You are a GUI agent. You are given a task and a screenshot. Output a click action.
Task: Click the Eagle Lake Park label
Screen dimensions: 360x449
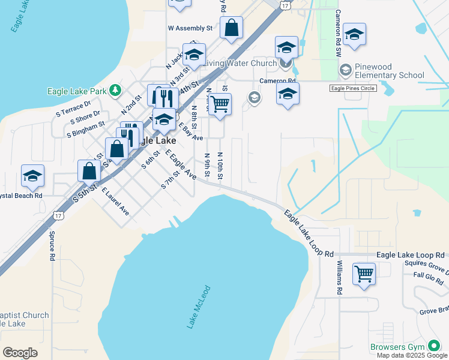pyautogui.click(x=77, y=91)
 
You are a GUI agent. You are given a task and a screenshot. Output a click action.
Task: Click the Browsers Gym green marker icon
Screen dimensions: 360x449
pyautogui.click(x=434, y=346)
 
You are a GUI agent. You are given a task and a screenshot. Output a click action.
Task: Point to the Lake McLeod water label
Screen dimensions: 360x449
pyautogui.click(x=197, y=307)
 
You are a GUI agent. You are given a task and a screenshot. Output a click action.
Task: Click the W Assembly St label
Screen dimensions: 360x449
pyautogui.click(x=190, y=28)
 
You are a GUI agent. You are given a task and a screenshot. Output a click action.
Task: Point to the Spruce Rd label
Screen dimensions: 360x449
pyautogui.click(x=52, y=246)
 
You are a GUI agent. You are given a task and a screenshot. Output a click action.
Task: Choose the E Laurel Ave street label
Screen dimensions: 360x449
pyautogui.click(x=115, y=202)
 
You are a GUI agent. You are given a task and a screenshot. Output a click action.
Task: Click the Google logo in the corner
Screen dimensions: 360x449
pyautogui.click(x=20, y=353)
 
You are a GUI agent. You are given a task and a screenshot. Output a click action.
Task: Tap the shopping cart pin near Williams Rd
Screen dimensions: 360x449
pyautogui.click(x=364, y=274)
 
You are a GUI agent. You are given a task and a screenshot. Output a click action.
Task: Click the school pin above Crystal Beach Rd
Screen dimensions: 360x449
pyautogui.click(x=32, y=176)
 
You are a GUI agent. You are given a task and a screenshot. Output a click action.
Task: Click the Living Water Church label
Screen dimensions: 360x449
pyautogui.click(x=240, y=63)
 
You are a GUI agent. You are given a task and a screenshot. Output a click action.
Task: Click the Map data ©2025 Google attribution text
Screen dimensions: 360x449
pyautogui.click(x=412, y=355)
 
